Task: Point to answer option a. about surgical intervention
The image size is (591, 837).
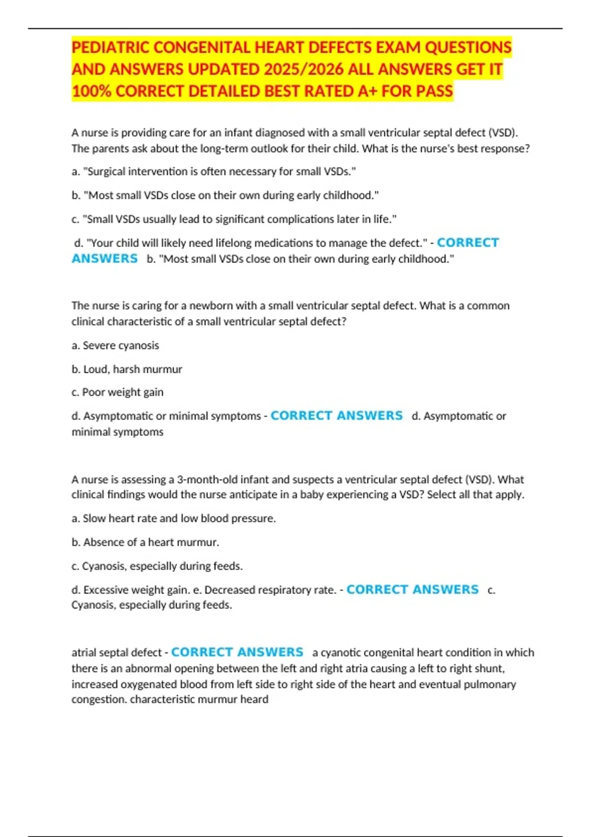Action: [213, 171]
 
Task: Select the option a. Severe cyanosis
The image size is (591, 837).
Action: [115, 345]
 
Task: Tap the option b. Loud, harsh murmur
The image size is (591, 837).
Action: [127, 369]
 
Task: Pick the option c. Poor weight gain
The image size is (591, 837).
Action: [117, 392]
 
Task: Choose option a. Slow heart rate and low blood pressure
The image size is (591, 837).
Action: [173, 518]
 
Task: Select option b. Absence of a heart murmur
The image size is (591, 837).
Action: [145, 542]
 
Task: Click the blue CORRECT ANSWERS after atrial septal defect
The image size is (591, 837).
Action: [237, 652]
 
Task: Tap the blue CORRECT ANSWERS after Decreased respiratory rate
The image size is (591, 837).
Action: [412, 589]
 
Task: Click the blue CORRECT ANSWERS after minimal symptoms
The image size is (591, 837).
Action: [336, 416]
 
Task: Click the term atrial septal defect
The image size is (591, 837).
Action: [116, 652]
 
